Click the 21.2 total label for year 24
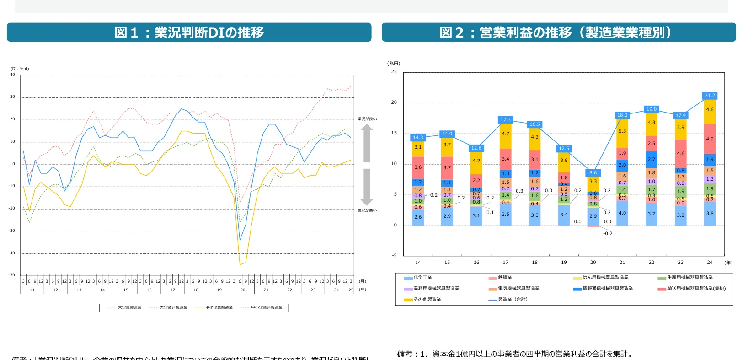click(710, 96)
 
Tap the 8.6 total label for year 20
click(593, 173)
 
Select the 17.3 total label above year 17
click(505, 120)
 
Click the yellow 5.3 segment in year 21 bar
click(622, 131)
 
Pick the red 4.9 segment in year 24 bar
click(710, 139)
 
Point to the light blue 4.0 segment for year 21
click(622, 213)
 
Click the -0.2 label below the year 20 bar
click(608, 234)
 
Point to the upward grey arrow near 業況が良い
click(367, 143)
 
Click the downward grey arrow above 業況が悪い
click(367, 187)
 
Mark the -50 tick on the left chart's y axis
click(12, 275)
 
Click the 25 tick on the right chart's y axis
click(394, 72)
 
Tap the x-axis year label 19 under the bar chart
click(564, 263)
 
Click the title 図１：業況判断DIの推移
click(189, 32)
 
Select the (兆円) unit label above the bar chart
click(394, 63)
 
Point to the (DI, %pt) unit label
click(20, 69)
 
